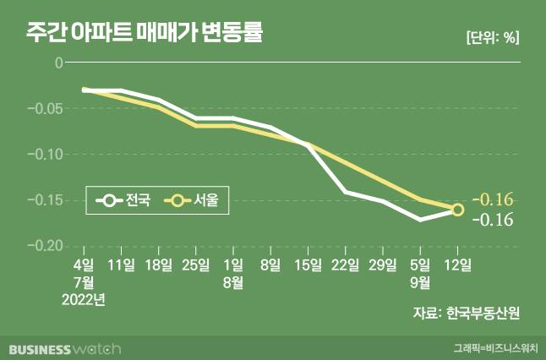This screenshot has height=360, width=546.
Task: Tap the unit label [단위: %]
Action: pyautogui.click(x=492, y=37)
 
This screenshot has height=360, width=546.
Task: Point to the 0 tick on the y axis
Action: pyautogui.click(x=58, y=63)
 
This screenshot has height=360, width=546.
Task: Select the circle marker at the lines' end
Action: pyautogui.click(x=457, y=210)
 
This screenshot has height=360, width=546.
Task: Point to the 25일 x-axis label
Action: pyautogui.click(x=196, y=265)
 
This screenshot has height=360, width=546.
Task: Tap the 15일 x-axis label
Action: pyautogui.click(x=308, y=265)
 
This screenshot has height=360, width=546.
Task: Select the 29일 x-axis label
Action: pyautogui.click(x=383, y=265)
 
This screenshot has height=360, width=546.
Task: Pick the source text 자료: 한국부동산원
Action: pyautogui.click(x=466, y=313)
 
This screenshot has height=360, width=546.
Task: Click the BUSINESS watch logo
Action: pyautogui.click(x=65, y=348)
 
